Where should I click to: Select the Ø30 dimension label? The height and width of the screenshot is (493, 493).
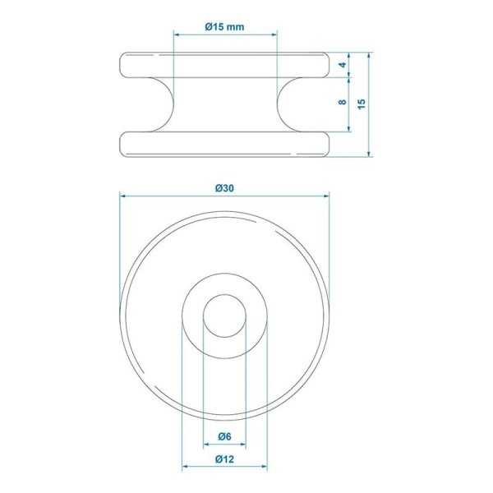click(x=224, y=187)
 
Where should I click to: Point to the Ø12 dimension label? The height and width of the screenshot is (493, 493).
click(x=224, y=458)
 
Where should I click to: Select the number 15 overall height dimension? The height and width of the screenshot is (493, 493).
click(x=362, y=103)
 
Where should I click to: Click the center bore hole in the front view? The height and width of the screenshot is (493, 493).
click(x=224, y=316)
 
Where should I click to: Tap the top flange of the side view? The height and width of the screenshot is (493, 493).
click(x=224, y=65)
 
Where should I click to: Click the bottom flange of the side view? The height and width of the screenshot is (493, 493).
click(x=224, y=144)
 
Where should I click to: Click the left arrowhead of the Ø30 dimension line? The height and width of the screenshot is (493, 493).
click(x=123, y=196)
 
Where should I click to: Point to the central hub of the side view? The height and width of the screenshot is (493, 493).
click(x=224, y=104)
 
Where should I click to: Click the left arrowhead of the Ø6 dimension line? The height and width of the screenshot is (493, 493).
click(x=206, y=443)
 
